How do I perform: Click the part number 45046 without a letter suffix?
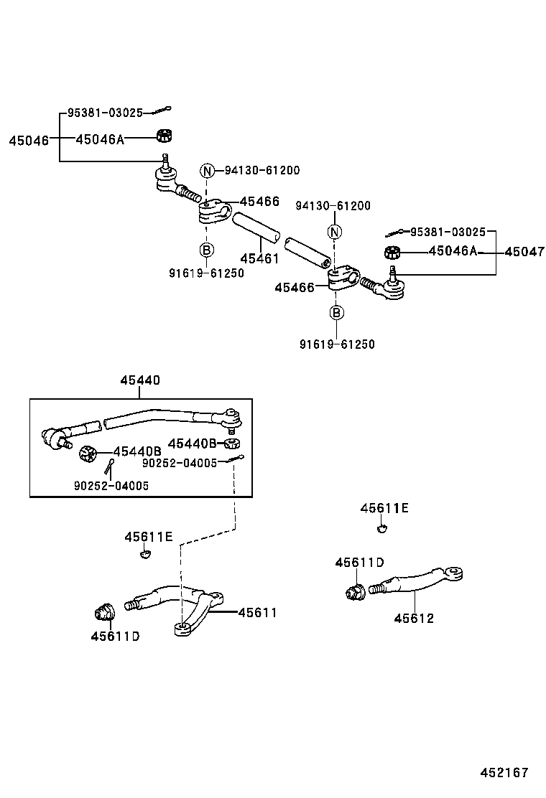28,140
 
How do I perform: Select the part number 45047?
524,252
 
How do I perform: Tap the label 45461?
259,258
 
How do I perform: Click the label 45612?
413,618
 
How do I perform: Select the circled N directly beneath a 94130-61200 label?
334,232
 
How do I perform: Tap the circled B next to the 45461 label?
206,250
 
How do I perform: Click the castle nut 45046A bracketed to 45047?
392,252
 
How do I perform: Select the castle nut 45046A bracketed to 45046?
165,136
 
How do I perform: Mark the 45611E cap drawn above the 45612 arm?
382,529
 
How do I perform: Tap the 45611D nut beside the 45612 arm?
353,592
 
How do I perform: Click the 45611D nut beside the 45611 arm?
104,612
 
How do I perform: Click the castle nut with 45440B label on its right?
87,453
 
